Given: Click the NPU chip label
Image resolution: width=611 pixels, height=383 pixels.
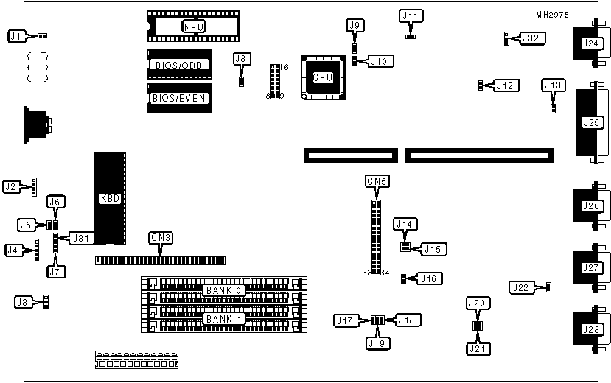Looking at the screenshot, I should click(194, 27).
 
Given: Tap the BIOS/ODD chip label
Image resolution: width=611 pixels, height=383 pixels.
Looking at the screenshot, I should click(179, 65).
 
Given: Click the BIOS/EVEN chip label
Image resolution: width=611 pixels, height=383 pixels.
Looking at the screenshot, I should click(179, 97).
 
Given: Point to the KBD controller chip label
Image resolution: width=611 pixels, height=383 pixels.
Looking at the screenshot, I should click(110, 198).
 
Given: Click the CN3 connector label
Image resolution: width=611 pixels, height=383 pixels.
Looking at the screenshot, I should click(161, 237).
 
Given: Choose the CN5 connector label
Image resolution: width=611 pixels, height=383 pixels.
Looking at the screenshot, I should click(377, 180).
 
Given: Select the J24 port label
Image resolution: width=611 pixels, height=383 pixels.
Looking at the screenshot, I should click(590, 43).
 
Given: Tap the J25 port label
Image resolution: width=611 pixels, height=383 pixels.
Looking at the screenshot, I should click(590, 122).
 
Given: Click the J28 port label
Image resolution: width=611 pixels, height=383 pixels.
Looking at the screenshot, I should click(590, 329).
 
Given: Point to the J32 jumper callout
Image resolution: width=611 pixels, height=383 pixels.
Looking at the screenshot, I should click(531, 38).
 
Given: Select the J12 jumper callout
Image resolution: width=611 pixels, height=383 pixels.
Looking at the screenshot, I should click(504, 86).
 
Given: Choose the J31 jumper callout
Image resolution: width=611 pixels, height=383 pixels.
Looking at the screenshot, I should click(80, 238).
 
